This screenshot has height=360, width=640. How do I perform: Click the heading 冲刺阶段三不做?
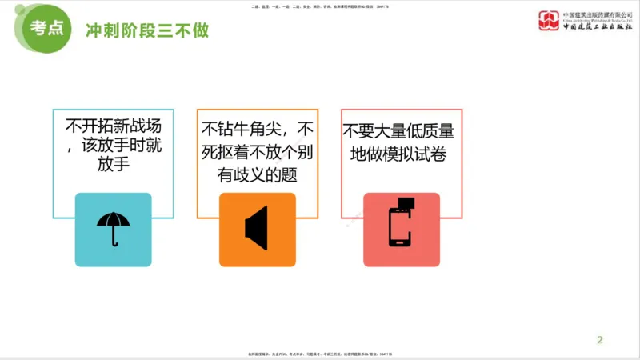146,30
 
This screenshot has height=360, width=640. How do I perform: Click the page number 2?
599,340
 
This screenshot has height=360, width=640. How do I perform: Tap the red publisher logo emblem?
548,19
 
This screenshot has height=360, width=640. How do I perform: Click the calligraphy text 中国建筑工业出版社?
593,26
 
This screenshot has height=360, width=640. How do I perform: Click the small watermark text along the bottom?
319,354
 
